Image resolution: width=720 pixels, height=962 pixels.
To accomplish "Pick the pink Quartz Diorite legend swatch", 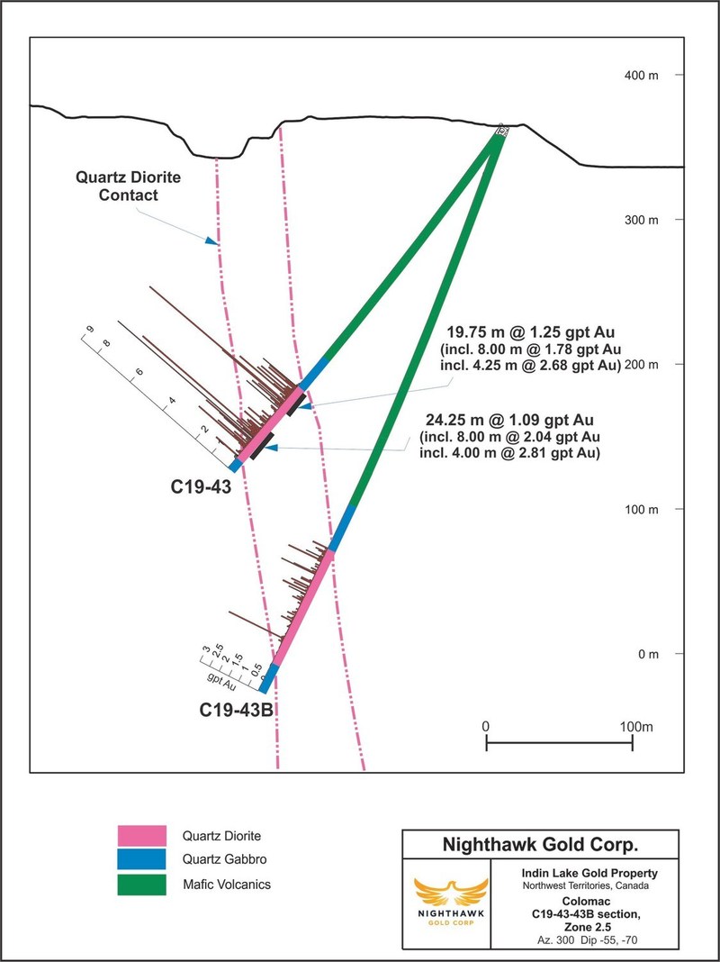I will click(142, 834).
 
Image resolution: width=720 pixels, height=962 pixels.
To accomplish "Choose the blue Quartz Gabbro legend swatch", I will click(142, 859).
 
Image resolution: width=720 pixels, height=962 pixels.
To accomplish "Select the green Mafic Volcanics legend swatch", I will click(142, 885).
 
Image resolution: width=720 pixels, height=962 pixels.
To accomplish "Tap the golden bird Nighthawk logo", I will click(445, 897).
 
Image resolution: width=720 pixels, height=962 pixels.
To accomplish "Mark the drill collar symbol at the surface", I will click(502, 132).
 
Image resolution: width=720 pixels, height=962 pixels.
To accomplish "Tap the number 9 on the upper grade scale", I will click(90, 330).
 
